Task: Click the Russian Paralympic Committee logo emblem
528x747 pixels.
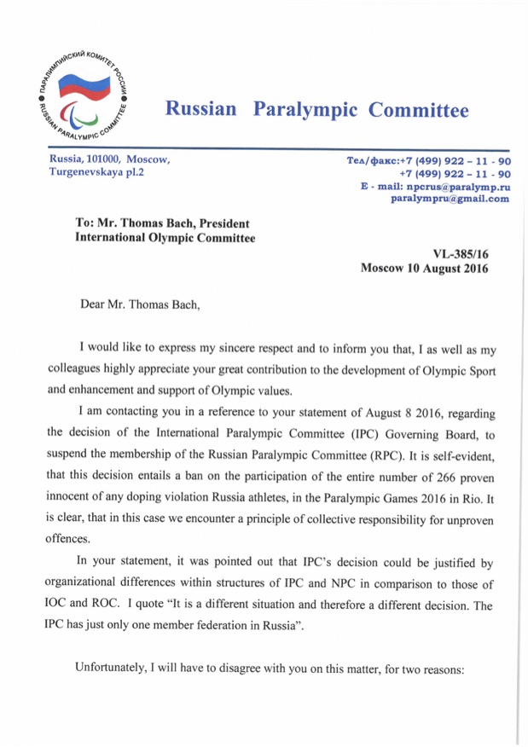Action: point(84,96)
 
